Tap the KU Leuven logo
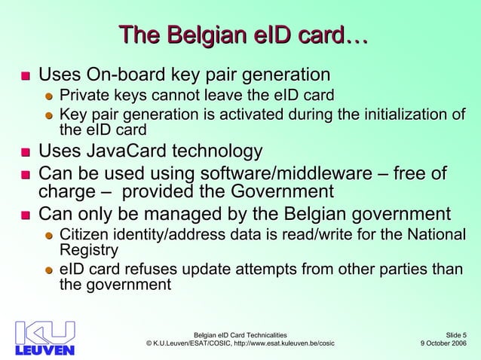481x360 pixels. [x=45, y=338]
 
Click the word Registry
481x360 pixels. [x=89, y=249]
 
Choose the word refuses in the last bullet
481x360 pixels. [x=147, y=270]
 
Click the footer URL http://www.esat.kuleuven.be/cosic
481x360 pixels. [x=274, y=344]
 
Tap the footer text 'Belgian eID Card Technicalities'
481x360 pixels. [x=240, y=334]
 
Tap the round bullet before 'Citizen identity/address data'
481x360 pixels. [x=49, y=233]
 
